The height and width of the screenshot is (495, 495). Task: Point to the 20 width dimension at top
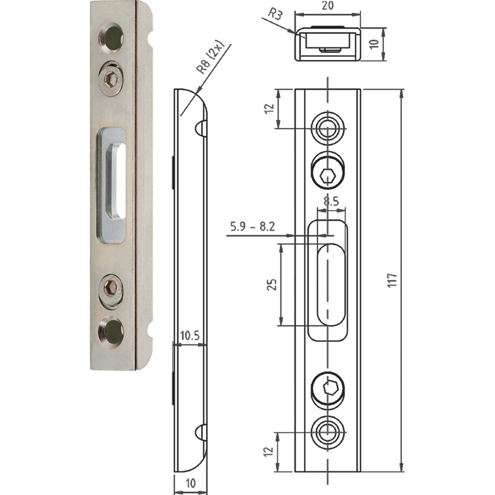(x=327, y=7)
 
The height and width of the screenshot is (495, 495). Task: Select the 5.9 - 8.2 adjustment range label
(x=252, y=227)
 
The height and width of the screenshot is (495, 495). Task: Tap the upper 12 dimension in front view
(x=269, y=109)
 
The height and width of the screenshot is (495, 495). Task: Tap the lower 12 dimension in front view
(x=269, y=452)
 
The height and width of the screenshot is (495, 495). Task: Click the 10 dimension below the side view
(x=190, y=483)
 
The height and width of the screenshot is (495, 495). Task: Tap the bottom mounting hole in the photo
(x=112, y=331)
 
